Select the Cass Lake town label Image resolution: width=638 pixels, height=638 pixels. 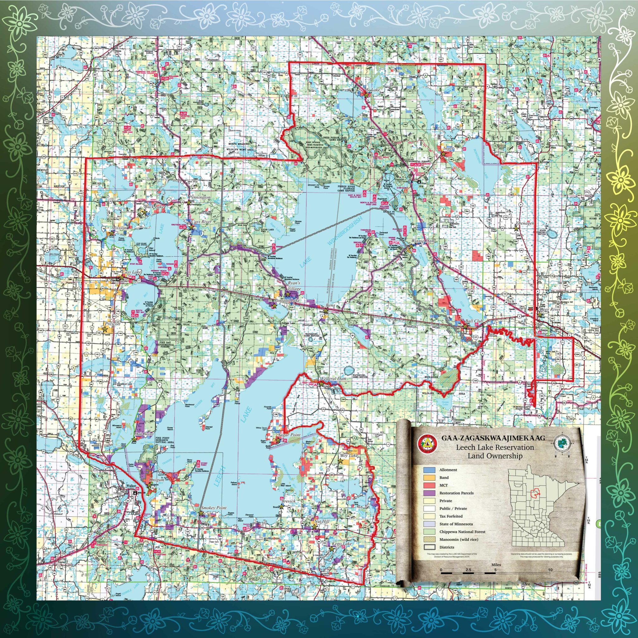(131, 272)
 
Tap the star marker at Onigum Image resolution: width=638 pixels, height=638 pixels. (149, 485)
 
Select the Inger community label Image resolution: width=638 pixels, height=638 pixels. (449, 149)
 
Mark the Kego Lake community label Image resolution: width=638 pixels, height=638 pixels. (341, 543)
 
